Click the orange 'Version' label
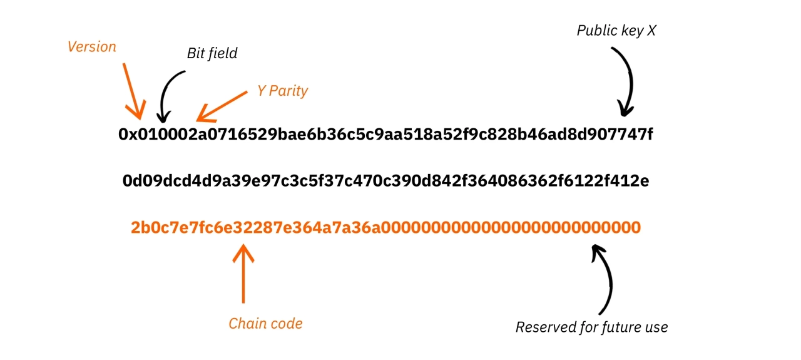[92, 47]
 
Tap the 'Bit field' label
[212, 53]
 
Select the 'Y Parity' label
[282, 91]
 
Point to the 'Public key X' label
[616, 30]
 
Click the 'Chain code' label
[265, 324]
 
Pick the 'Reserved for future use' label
[591, 327]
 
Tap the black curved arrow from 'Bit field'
[169, 94]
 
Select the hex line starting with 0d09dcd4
[385, 182]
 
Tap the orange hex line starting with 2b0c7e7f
[385, 227]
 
